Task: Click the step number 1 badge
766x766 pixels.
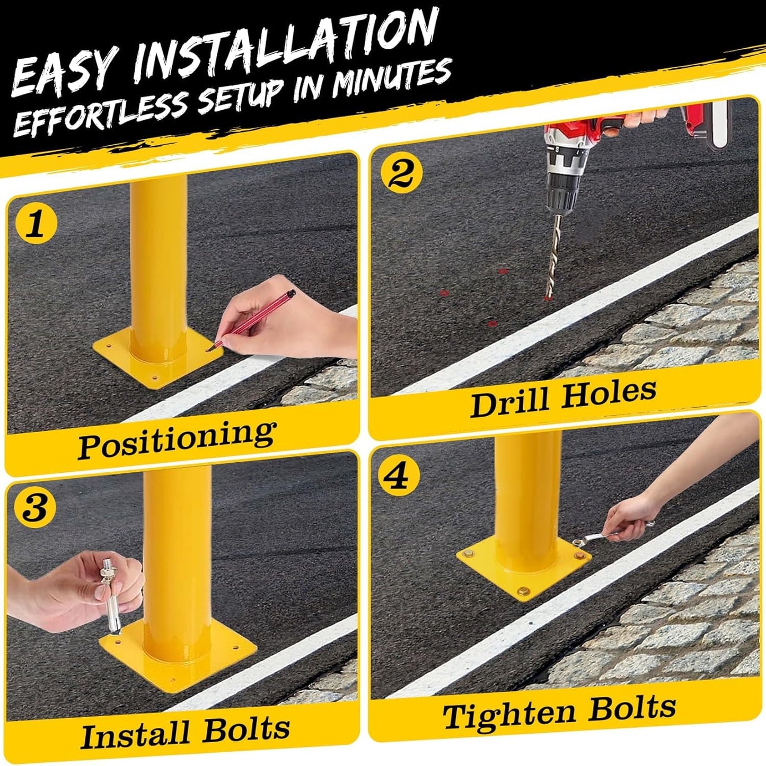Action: [x=36, y=225]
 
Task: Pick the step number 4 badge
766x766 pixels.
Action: [x=398, y=476]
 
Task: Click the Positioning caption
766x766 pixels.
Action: [x=177, y=439]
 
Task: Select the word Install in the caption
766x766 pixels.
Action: [x=135, y=734]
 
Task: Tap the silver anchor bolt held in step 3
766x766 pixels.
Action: [x=110, y=599]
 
